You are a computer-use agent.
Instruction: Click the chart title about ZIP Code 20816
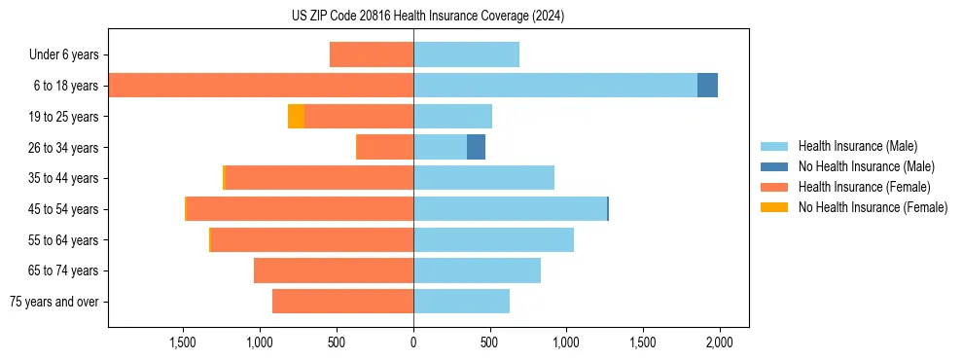(x=428, y=17)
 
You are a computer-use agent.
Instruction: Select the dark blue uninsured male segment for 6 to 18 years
(x=707, y=86)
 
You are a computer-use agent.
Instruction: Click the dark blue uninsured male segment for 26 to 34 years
(x=476, y=148)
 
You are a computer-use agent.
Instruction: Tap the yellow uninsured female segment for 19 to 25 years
(x=296, y=117)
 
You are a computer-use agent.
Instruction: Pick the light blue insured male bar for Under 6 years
(x=466, y=54)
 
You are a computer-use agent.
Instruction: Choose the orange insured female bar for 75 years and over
(x=342, y=302)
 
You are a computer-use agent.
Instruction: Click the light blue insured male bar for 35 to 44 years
(x=483, y=178)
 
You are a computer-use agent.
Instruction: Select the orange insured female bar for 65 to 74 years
(x=334, y=270)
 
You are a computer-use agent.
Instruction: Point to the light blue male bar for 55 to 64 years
(x=493, y=240)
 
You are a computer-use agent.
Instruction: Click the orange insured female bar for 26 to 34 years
(x=385, y=148)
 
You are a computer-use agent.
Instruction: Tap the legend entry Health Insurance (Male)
(x=857, y=146)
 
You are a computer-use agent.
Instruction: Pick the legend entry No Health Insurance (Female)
(x=873, y=207)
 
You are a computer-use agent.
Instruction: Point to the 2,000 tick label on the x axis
(x=719, y=342)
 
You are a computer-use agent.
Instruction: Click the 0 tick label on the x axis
(x=413, y=342)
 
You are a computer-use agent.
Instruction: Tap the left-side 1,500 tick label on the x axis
(x=183, y=342)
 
